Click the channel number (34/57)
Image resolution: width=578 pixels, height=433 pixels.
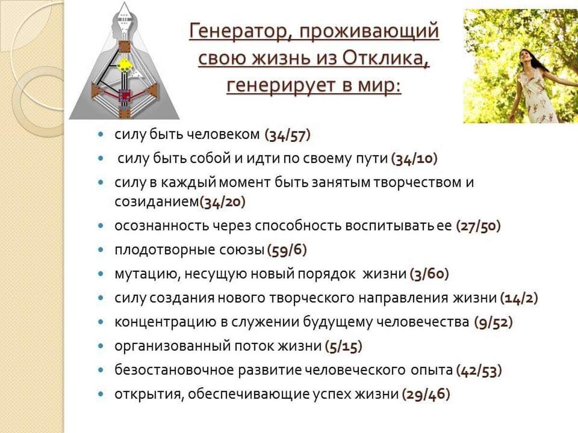288,135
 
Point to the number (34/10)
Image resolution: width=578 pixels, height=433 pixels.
414,159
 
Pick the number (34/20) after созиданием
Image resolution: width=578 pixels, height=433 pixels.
223,203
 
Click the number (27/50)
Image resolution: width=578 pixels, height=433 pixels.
478,226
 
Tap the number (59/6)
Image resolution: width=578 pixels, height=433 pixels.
287,250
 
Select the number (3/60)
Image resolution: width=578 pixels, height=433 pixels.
429,274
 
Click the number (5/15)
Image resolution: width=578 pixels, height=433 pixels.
343,347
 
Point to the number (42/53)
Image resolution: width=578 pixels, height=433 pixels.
479,371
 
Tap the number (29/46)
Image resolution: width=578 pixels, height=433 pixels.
426,395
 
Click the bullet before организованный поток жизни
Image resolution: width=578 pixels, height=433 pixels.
101,346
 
